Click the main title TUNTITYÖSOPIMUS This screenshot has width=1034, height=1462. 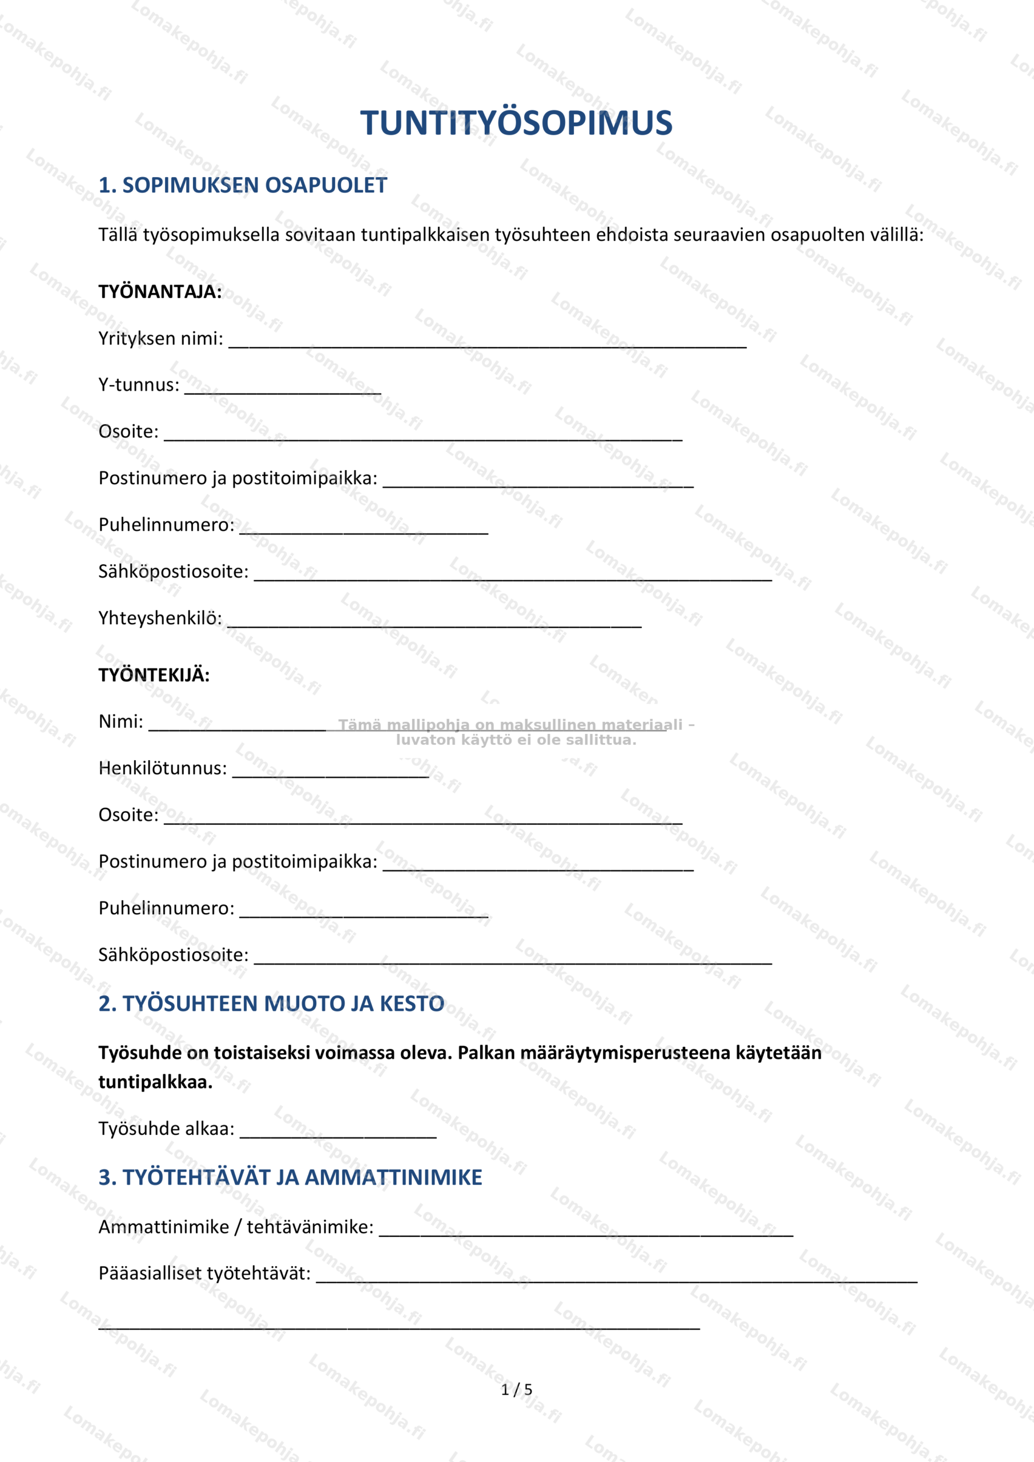516,123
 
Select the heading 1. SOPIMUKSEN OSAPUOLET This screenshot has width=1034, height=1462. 243,185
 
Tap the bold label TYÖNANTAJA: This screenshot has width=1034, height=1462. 160,292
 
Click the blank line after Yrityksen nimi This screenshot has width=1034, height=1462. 487,343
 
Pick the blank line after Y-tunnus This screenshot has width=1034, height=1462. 283,389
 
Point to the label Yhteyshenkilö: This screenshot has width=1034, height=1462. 160,618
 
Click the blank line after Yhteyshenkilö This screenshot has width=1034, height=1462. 434,622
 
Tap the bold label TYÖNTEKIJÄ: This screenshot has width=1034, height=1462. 154,675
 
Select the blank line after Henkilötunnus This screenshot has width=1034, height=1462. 331,772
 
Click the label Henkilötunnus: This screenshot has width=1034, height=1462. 162,768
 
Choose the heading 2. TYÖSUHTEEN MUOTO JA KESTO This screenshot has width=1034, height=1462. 271,1003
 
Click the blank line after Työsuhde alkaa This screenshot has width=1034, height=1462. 338,1133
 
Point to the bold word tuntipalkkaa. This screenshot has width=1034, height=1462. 155,1082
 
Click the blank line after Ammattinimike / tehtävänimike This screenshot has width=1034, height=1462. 586,1231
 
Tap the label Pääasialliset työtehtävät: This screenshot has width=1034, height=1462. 204,1273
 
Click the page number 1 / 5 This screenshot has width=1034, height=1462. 516,1389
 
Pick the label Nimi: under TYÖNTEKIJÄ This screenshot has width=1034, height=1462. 121,721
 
